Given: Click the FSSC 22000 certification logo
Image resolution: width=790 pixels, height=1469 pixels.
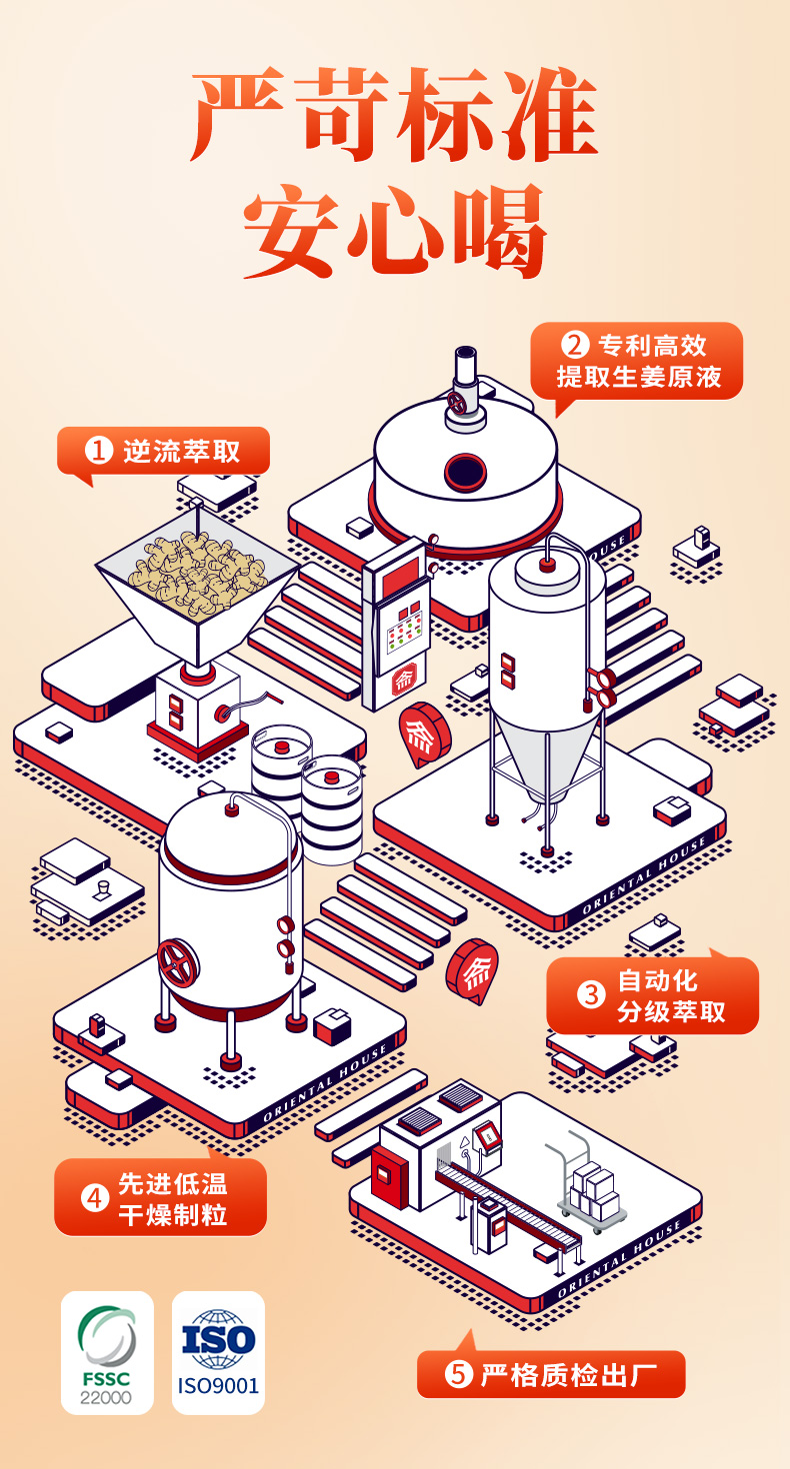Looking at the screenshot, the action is (107, 1353).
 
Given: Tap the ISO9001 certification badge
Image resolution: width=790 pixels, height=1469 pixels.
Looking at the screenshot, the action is (218, 1353).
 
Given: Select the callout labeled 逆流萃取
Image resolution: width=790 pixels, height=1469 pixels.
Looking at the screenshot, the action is (163, 453).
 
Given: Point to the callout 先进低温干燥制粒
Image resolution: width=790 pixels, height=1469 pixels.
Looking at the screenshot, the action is (161, 1196).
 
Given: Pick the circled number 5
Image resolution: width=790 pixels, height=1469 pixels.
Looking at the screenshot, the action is (458, 1374).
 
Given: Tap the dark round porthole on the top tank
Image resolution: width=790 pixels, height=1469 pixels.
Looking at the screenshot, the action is (465, 471).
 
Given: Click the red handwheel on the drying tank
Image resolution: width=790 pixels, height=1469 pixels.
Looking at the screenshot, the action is (178, 963).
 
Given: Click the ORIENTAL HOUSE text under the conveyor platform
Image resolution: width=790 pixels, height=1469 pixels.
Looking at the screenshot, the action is (620, 1260).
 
